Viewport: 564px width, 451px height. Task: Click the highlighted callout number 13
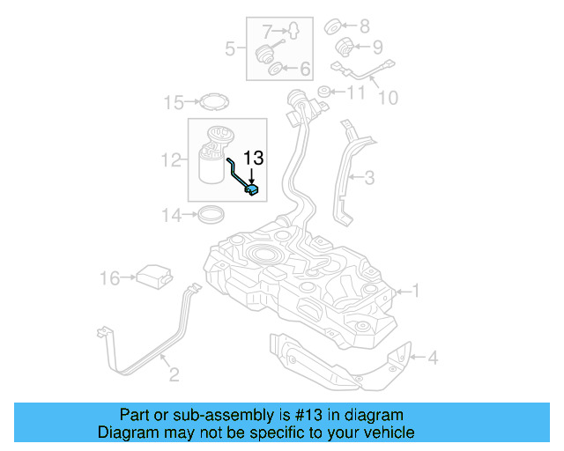(x=254, y=158)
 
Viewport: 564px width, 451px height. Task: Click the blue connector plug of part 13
(x=252, y=189)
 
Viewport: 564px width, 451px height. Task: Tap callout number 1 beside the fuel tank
(x=416, y=290)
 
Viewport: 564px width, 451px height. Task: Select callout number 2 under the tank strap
(x=174, y=375)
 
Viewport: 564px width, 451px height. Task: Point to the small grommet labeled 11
(x=324, y=92)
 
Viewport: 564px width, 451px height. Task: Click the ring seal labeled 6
(x=274, y=68)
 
